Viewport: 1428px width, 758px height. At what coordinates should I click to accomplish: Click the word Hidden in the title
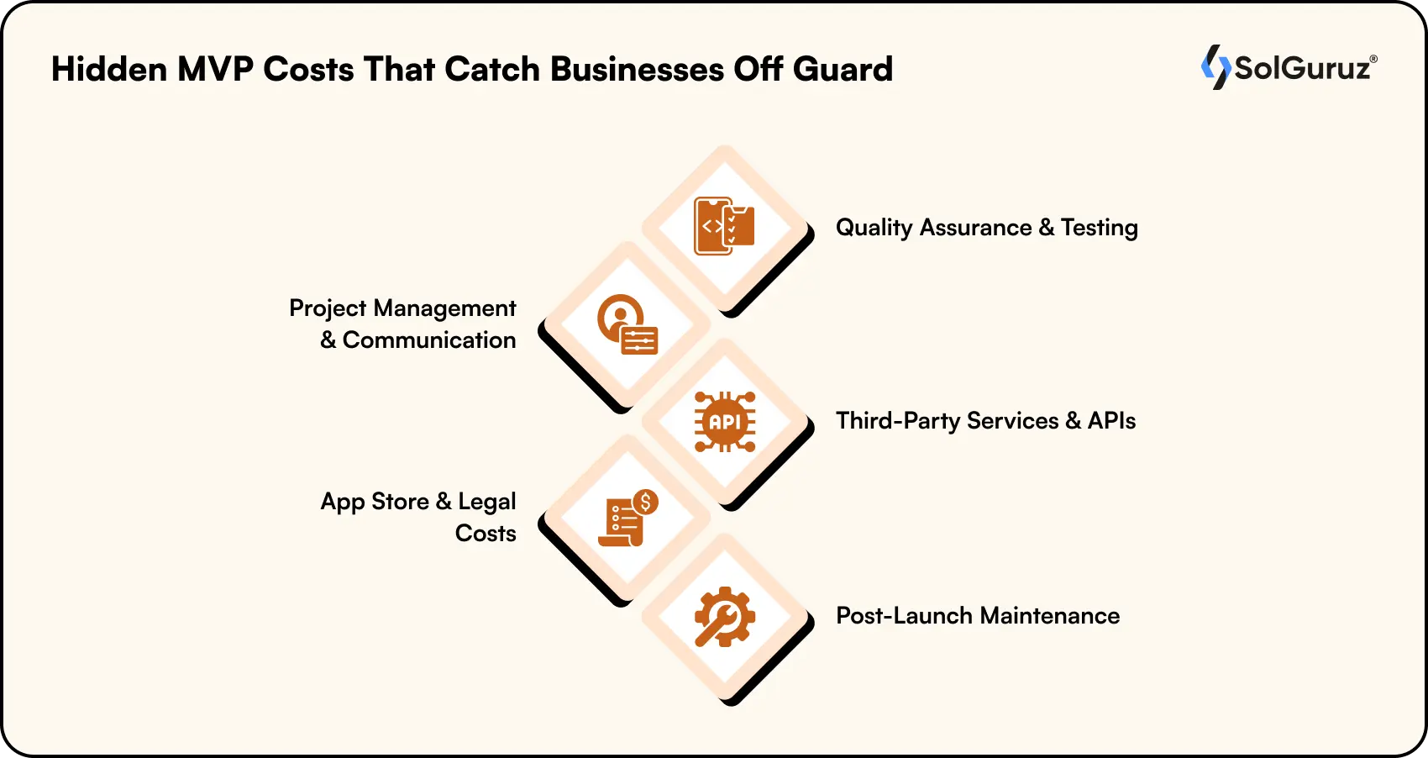(x=109, y=69)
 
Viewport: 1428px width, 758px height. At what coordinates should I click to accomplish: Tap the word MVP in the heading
(x=215, y=69)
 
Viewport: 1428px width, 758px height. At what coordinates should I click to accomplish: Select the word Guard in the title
(x=843, y=69)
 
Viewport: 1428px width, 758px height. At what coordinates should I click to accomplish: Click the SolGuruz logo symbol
(x=1215, y=66)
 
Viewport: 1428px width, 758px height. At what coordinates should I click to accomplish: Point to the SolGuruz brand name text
(x=1302, y=68)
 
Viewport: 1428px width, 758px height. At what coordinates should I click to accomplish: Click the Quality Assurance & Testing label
(x=986, y=228)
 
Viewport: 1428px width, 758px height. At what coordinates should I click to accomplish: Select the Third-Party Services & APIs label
(x=985, y=421)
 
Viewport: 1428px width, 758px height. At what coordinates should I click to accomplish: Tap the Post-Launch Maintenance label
(x=977, y=616)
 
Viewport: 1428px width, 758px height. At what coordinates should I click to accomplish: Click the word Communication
(x=429, y=340)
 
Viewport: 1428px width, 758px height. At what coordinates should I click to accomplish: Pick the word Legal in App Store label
(x=486, y=502)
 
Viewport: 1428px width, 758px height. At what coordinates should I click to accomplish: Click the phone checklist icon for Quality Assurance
(x=724, y=226)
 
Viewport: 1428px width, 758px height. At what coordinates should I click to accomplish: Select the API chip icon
(x=724, y=422)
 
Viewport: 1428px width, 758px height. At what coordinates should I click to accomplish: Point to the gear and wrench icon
(x=724, y=616)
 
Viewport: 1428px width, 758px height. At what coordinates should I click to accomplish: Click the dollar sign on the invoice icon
(x=645, y=503)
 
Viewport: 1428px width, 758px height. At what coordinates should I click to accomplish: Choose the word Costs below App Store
(x=486, y=534)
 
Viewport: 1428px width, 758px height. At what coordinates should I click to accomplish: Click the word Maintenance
(x=1049, y=616)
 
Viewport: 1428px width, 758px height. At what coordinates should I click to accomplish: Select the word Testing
(x=1099, y=228)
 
